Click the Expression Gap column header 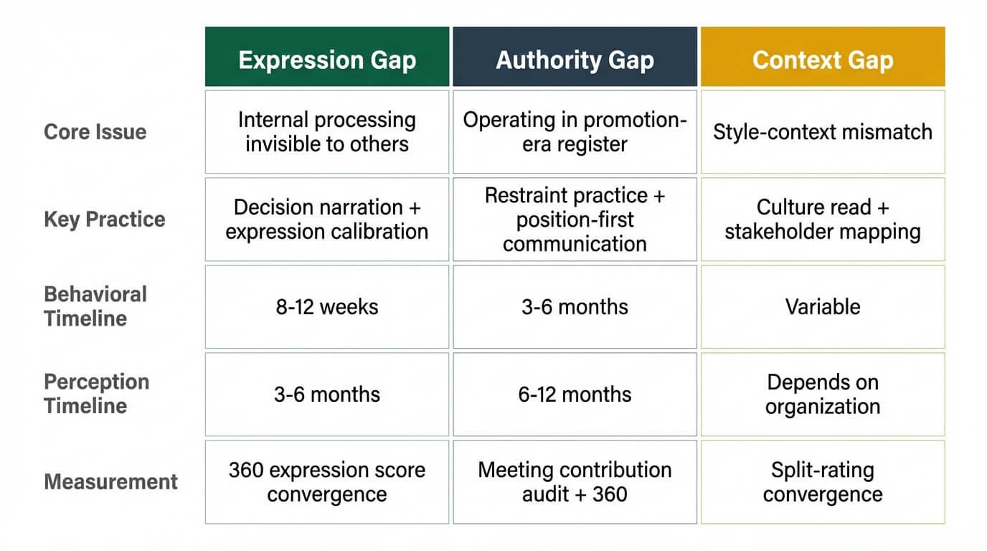click(x=327, y=60)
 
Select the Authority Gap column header click(x=575, y=60)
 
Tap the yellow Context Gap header click(x=823, y=60)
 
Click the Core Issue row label click(x=95, y=132)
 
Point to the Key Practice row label click(x=105, y=219)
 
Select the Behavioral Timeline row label click(x=95, y=306)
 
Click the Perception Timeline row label click(x=96, y=394)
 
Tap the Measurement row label click(x=110, y=481)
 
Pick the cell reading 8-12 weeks click(x=327, y=307)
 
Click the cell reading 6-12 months click(x=575, y=395)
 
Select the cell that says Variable click(x=823, y=307)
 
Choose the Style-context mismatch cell click(x=823, y=132)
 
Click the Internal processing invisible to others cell click(x=327, y=132)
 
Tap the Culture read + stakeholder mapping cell click(x=823, y=220)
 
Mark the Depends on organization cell click(x=823, y=395)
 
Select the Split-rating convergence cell click(x=823, y=482)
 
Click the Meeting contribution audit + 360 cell click(x=575, y=482)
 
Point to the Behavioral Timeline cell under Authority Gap click(x=575, y=307)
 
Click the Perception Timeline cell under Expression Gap click(x=327, y=395)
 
